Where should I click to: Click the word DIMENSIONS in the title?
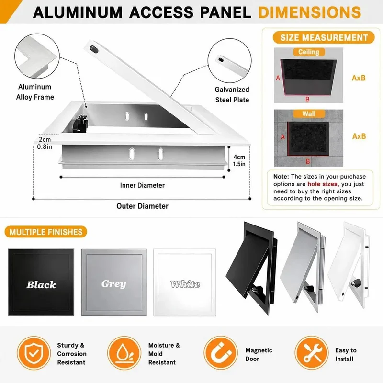coord(309,12)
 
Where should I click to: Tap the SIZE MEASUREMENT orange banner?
coord(324,38)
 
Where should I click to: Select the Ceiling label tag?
coord(309,52)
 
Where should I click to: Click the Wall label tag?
coord(309,113)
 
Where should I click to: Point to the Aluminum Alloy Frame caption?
coord(35,92)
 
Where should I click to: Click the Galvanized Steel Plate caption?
coord(232,94)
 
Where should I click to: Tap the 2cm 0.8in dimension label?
coord(45,143)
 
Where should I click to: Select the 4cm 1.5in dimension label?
coord(239,160)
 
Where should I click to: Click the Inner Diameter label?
coord(142,185)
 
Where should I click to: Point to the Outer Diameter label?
coord(142,206)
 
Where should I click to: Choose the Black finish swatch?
coord(41,282)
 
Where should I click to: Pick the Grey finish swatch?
coord(114,282)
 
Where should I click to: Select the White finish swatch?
coord(185,282)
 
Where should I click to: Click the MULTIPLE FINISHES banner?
coord(46,232)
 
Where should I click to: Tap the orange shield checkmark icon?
coord(34,353)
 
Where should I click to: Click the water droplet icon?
coord(124,353)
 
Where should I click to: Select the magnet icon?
coord(221,353)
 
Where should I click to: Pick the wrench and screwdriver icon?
coord(312,353)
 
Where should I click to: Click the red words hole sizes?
coord(323,184)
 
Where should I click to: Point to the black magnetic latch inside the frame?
coord(79,124)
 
